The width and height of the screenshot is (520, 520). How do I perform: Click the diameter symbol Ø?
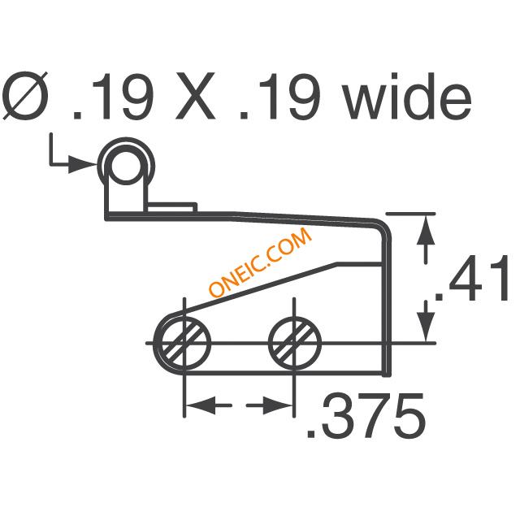25,96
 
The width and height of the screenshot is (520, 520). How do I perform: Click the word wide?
408,96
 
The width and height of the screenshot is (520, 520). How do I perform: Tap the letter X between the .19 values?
195,96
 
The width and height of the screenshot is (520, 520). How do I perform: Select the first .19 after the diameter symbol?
113,96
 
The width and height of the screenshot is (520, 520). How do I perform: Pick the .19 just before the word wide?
279,96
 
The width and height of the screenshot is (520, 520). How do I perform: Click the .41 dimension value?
472,278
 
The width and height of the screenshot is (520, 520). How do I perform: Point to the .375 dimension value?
366,415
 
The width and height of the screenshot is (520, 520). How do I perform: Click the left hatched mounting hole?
185,343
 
